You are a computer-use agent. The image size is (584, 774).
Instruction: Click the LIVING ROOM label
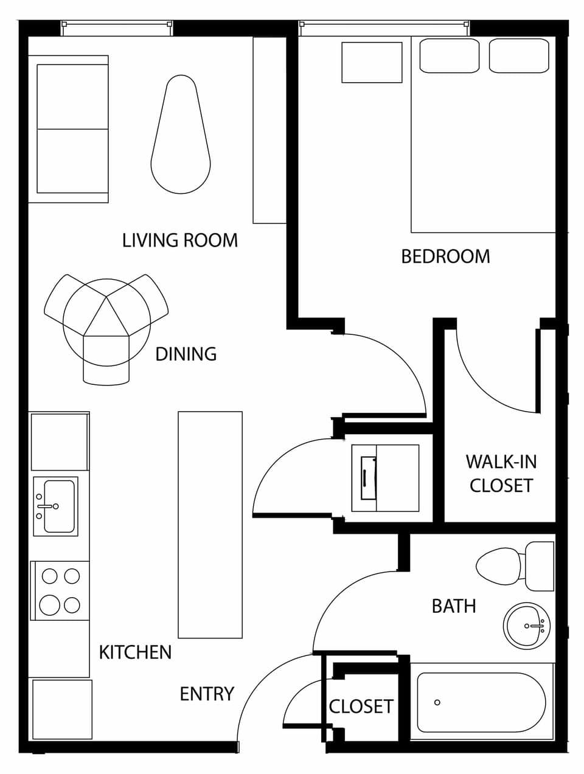click(x=179, y=240)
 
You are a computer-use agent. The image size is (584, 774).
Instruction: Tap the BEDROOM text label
click(x=445, y=256)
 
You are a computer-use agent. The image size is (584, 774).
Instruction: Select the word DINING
click(x=186, y=354)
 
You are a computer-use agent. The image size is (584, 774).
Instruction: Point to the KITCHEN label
click(x=135, y=652)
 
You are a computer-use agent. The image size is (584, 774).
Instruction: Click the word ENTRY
click(x=207, y=694)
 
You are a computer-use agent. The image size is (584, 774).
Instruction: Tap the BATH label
click(x=453, y=606)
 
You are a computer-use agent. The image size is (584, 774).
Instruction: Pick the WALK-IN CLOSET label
click(x=501, y=474)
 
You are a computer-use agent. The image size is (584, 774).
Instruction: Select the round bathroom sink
click(x=526, y=626)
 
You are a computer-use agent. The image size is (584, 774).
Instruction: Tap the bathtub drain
click(x=437, y=703)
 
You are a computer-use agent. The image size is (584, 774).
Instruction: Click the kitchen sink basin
click(x=59, y=506)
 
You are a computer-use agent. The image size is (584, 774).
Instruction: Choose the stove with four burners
click(x=60, y=590)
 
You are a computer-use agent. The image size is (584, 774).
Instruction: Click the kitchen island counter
click(x=210, y=525)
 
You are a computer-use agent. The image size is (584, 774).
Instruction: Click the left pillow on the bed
click(x=449, y=56)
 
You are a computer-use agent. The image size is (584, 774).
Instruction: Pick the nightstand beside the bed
click(x=372, y=62)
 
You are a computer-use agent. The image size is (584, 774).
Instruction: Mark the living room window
click(x=116, y=27)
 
